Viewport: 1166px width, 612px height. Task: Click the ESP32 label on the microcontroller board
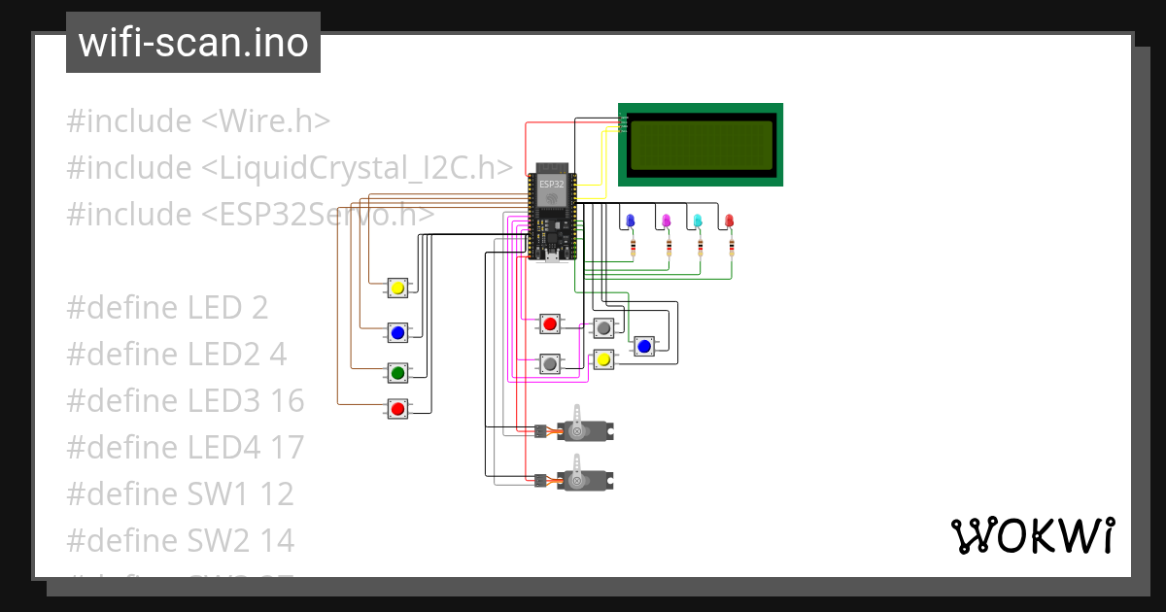pos(551,184)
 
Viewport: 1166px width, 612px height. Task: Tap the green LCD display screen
pos(701,144)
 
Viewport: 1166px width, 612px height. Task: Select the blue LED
pos(630,221)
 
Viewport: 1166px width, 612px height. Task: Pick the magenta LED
pos(667,221)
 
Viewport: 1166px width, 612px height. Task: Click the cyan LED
pos(698,221)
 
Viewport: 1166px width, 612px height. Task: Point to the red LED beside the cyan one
pos(730,221)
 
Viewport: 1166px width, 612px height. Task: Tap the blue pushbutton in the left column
pos(397,333)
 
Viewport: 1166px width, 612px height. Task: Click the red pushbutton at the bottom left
pos(397,409)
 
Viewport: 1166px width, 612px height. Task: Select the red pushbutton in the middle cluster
pos(550,323)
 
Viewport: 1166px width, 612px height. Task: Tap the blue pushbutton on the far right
pos(643,346)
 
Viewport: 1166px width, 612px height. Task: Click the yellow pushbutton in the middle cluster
pos(603,359)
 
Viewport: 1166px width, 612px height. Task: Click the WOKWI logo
pos(1032,535)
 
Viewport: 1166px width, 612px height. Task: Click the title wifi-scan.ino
pos(193,43)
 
